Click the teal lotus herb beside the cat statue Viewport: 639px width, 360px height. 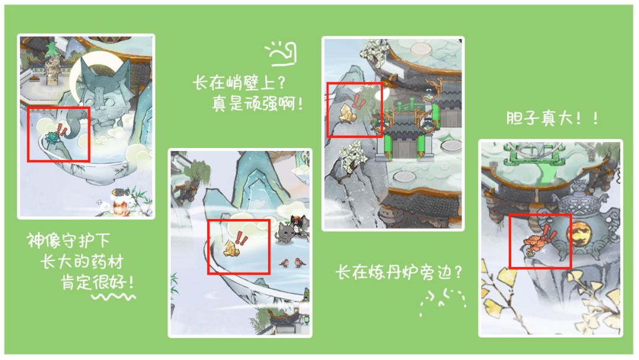(x=52, y=138)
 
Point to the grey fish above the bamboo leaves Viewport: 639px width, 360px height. (x=120, y=192)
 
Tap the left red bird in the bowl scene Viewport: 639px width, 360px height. (x=285, y=262)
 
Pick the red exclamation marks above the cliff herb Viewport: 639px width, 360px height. (x=359, y=101)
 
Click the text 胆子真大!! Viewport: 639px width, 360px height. (x=552, y=118)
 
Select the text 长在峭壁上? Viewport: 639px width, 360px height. (x=239, y=83)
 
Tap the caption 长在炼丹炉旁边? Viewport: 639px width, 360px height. (x=399, y=272)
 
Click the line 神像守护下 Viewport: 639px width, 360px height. (x=69, y=240)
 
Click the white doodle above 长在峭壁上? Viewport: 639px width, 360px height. (x=282, y=53)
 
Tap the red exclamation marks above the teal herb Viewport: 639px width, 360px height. (x=62, y=130)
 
